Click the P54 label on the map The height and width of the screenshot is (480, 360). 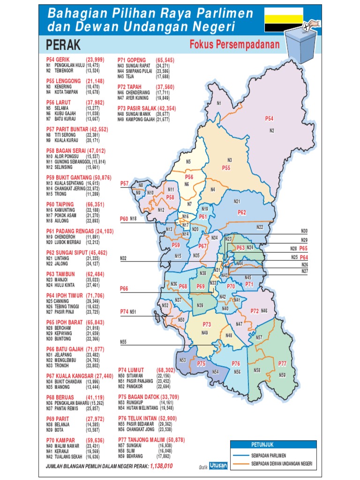(269, 119)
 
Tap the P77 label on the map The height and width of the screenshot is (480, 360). (282, 363)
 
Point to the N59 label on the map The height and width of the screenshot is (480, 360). (282, 375)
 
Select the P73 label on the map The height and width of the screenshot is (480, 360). (207, 324)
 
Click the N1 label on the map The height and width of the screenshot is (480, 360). (219, 103)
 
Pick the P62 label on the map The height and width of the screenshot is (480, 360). (242, 212)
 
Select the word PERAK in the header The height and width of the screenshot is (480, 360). (63, 45)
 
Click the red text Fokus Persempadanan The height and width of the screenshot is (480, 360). (234, 45)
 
